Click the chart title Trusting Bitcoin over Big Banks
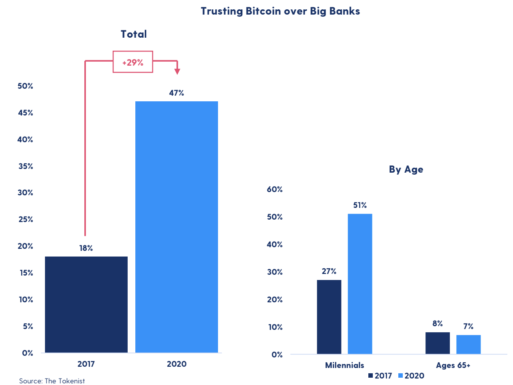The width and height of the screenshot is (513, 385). click(x=280, y=11)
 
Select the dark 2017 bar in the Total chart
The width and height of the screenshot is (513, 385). click(x=86, y=304)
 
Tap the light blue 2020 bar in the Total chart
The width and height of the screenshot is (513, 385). click(x=176, y=227)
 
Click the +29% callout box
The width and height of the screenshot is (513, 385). click(x=133, y=62)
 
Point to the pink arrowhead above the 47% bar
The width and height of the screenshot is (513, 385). click(x=177, y=71)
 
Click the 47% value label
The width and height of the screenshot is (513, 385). click(x=176, y=93)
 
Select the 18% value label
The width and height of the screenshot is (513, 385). click(x=86, y=248)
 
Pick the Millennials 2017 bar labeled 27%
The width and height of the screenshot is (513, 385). click(x=329, y=317)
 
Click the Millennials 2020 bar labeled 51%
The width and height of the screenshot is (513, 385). click(x=360, y=284)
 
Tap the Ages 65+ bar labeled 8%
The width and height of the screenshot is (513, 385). click(x=438, y=343)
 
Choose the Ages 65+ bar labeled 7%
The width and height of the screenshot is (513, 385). click(x=468, y=344)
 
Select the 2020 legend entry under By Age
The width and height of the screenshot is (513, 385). click(x=412, y=376)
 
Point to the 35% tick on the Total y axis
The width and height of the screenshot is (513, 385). click(x=25, y=166)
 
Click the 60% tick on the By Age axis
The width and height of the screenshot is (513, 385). click(x=275, y=189)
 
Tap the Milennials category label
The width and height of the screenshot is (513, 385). click(x=344, y=365)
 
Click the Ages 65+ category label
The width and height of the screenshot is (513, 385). click(x=453, y=365)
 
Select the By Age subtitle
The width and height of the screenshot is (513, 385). click(x=406, y=169)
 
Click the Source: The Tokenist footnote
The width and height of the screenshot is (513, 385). click(x=52, y=381)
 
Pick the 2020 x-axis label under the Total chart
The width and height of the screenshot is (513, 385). click(x=176, y=364)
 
